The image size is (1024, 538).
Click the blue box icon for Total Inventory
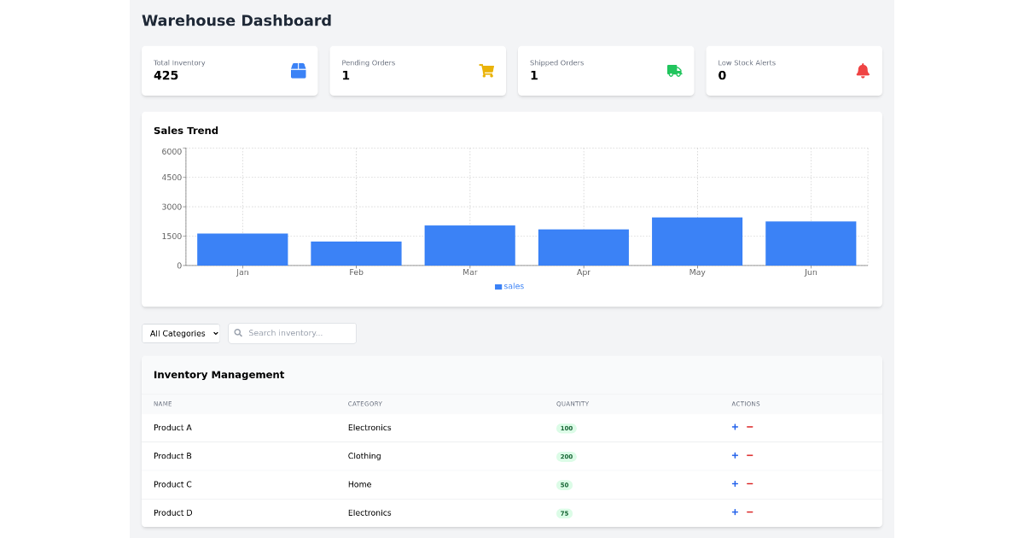point(298,71)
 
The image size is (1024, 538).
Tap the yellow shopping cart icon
point(486,71)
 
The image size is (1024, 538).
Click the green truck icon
point(674,71)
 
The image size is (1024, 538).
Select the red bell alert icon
point(863,71)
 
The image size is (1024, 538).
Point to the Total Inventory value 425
point(166,75)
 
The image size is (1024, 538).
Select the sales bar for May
point(696,242)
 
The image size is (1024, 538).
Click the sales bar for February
point(356,254)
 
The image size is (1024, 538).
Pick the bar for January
point(242,249)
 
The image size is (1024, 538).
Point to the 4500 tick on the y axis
point(172,178)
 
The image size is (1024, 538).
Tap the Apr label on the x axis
point(583,272)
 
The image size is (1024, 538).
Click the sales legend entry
point(509,286)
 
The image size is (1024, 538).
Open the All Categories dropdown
point(181,333)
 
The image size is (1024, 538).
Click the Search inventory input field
point(296,333)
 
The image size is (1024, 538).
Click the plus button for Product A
point(735,427)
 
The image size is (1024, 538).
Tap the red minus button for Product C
point(750,484)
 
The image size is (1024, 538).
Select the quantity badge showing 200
point(566,457)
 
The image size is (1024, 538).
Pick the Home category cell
point(359,484)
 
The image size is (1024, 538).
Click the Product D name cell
point(173,513)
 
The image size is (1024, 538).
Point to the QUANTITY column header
point(573,404)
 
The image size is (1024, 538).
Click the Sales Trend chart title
point(186,131)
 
